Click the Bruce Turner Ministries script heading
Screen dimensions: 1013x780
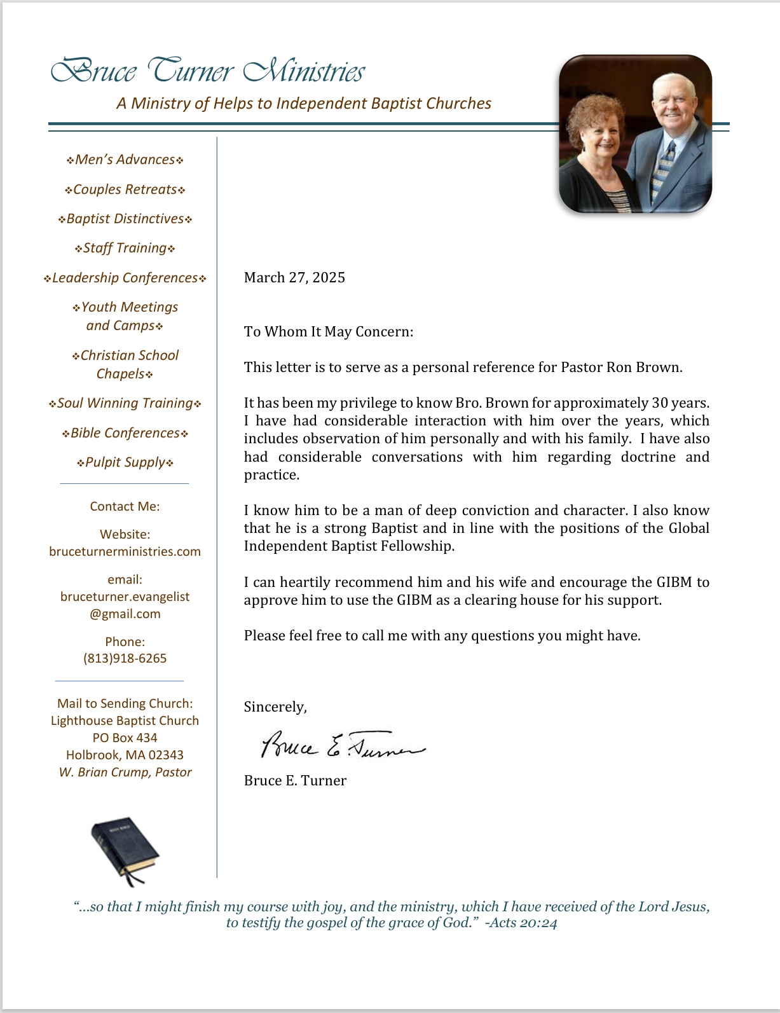(207, 71)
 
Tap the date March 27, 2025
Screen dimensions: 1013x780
(294, 277)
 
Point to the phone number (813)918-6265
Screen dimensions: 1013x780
(125, 658)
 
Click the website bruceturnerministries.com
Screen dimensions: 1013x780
(125, 551)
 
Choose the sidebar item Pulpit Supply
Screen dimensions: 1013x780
(125, 462)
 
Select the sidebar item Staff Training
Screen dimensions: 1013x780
(125, 248)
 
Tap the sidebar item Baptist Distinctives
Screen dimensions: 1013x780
(125, 219)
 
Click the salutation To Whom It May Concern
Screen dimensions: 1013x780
(328, 331)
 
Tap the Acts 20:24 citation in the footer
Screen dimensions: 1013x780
(521, 923)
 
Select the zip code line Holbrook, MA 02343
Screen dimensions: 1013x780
(125, 755)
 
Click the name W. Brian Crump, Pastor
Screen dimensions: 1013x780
(125, 772)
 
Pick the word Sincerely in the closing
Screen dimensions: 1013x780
(275, 706)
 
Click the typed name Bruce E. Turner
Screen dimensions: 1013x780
(295, 780)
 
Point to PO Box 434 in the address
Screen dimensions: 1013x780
(125, 738)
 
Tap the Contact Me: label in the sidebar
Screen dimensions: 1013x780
(125, 506)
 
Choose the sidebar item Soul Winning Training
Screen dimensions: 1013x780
(125, 403)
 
